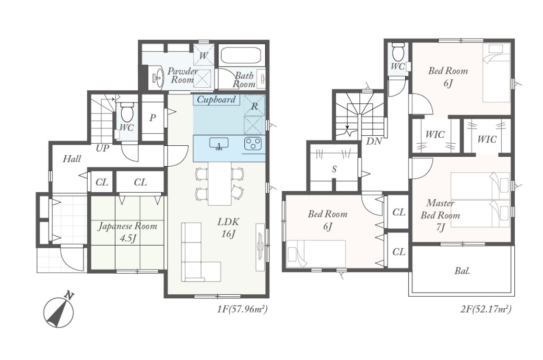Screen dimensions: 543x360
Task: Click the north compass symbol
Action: (59, 311)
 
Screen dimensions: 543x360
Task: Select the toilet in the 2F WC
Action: (398, 51)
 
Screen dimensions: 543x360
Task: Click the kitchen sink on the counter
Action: (219, 143)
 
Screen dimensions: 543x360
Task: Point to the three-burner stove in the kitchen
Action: (253, 144)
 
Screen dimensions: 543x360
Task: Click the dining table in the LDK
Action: (219, 183)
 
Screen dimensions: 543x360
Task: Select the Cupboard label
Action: (216, 100)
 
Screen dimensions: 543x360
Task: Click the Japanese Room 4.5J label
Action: (127, 232)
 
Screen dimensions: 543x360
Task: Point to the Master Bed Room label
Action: (440, 209)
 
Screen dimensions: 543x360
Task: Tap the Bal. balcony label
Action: (462, 271)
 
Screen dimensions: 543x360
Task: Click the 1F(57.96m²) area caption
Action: (242, 309)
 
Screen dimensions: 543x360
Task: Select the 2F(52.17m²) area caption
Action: (486, 309)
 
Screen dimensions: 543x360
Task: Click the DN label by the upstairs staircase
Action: (374, 141)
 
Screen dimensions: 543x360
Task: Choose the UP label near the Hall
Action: (102, 148)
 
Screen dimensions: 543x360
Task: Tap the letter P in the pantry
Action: (152, 118)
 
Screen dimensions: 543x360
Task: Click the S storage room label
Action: (334, 169)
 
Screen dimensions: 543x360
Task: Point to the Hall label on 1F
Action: (72, 159)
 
